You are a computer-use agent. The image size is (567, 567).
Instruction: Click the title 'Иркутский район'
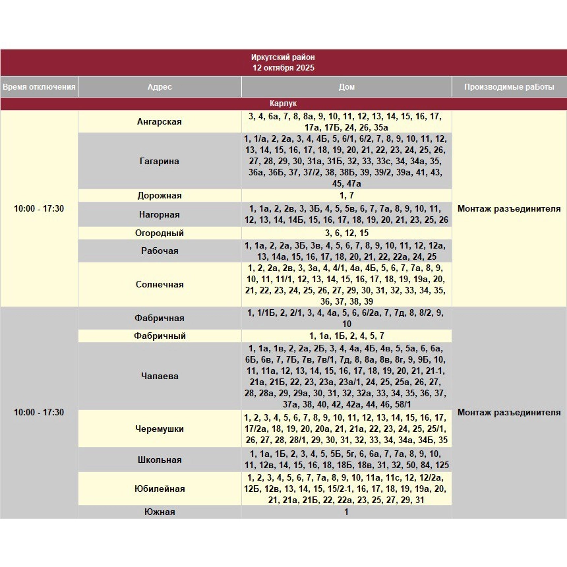point(283,57)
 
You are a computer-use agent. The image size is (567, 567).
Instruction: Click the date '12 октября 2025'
point(283,68)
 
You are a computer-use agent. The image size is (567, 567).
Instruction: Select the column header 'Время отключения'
point(39,87)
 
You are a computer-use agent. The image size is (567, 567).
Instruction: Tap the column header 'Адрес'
point(160,87)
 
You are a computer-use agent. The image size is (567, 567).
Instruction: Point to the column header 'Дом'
point(346,87)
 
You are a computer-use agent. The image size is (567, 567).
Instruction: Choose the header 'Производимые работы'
point(509,87)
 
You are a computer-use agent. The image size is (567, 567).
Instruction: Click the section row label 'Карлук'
point(283,104)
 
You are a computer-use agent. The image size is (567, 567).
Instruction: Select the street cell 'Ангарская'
point(160,122)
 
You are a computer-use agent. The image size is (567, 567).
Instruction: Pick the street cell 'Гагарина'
point(160,161)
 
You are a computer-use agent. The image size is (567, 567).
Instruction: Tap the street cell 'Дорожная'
point(160,196)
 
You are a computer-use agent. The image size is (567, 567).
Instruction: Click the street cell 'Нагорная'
point(160,214)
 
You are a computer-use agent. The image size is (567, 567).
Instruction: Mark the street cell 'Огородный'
point(160,233)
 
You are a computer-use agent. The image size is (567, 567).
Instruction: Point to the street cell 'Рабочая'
point(160,251)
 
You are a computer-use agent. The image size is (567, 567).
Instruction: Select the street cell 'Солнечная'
point(160,285)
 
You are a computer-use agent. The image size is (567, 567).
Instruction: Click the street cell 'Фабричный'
point(160,336)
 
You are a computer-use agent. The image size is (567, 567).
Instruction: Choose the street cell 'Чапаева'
point(160,376)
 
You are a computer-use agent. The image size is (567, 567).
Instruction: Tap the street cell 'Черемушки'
point(160,429)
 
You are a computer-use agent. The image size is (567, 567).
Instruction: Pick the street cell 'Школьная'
point(160,460)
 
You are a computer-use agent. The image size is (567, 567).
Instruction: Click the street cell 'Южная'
point(160,512)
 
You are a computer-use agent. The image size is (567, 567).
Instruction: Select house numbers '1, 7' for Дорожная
point(346,196)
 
